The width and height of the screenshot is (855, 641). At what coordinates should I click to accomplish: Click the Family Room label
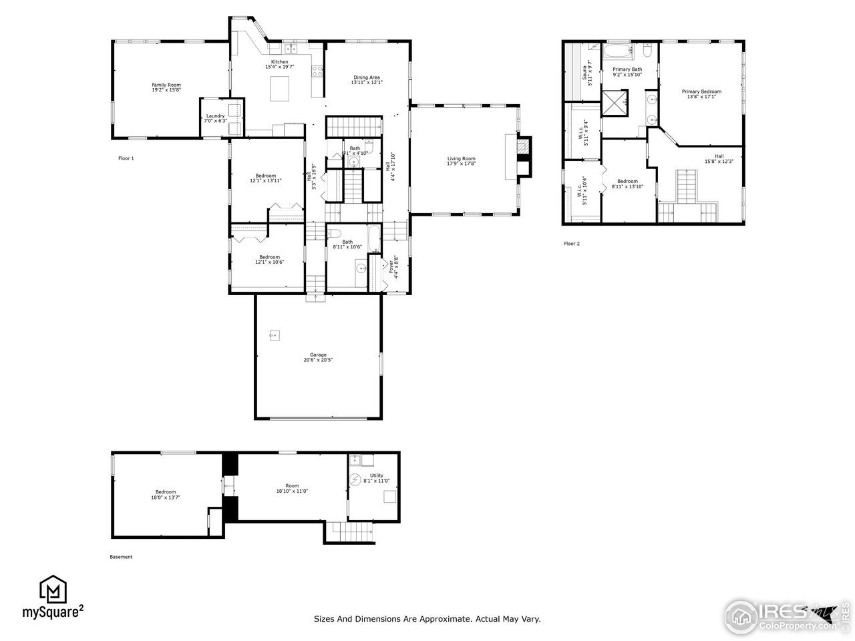click(x=166, y=85)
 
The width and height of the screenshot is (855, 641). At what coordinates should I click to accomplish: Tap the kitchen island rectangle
click(x=280, y=88)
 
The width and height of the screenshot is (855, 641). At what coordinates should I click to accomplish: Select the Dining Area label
click(x=367, y=77)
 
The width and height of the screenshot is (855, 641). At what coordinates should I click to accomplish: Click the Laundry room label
click(x=215, y=116)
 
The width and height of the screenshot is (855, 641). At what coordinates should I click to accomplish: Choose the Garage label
click(x=318, y=355)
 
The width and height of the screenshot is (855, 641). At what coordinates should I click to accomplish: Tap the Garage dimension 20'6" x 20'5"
click(x=318, y=360)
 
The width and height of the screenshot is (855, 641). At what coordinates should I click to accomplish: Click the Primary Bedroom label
click(x=701, y=91)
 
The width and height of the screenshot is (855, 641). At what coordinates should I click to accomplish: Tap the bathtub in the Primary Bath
click(x=618, y=51)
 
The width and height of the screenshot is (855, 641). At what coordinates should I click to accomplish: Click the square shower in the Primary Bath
click(x=614, y=102)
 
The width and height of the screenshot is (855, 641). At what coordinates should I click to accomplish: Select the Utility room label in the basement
click(x=377, y=475)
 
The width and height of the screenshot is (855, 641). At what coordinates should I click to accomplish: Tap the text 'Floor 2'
click(x=572, y=244)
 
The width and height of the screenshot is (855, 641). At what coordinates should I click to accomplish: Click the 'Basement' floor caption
click(x=121, y=557)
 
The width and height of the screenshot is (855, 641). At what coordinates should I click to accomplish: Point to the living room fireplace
click(x=525, y=157)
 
